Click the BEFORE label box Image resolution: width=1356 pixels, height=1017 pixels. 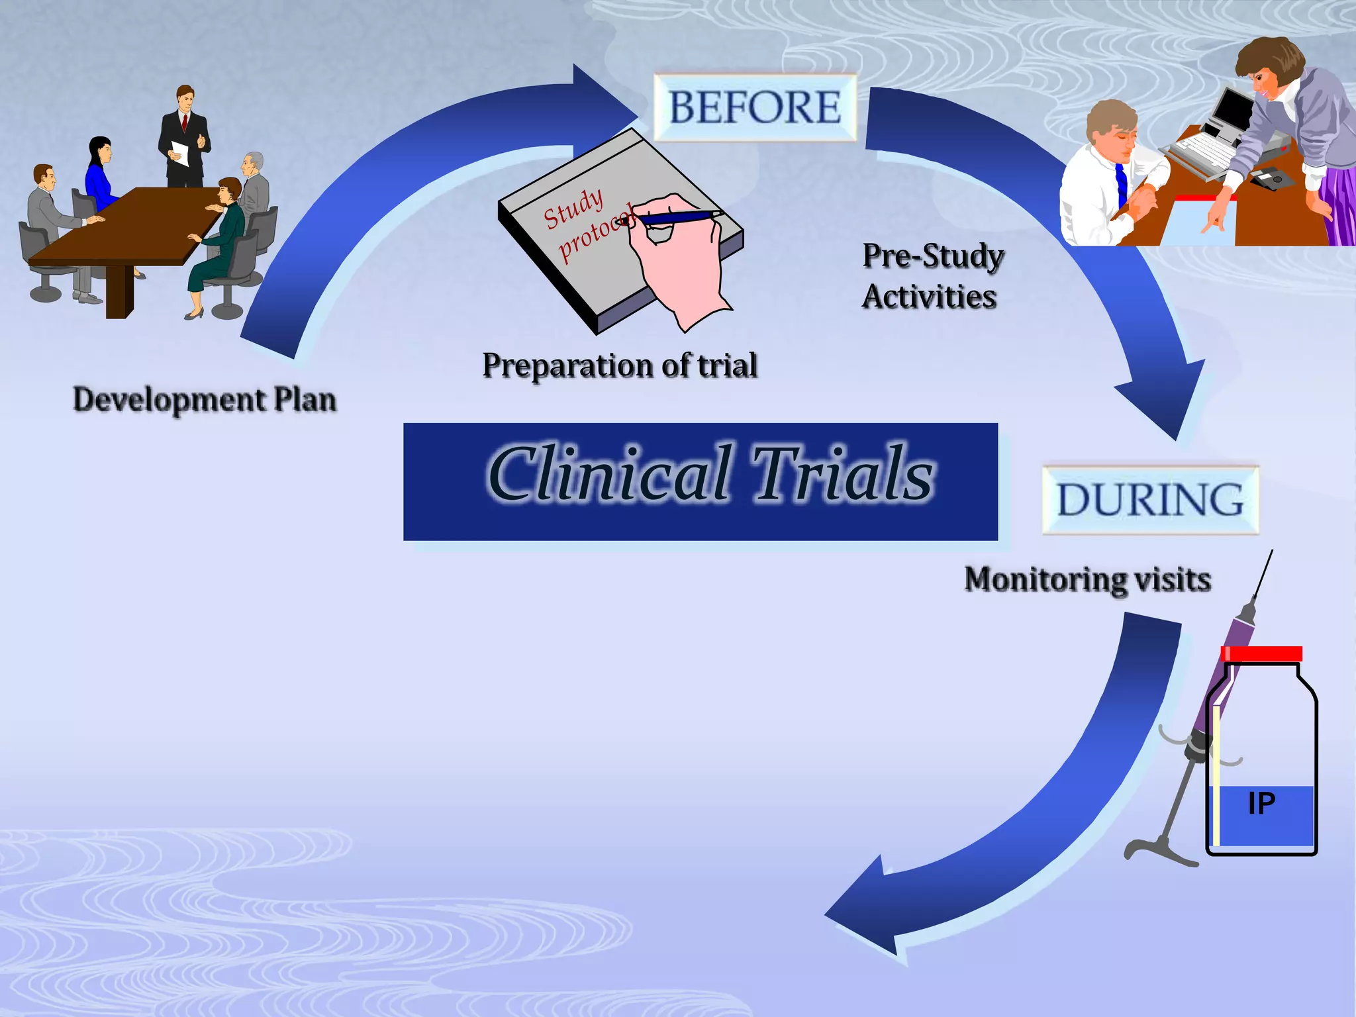coord(755,107)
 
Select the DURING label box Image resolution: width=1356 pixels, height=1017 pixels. coord(1150,500)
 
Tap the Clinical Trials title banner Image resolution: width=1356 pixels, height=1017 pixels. coord(701,481)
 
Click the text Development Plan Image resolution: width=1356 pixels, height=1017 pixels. coord(205,400)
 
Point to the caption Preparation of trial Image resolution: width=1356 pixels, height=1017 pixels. coord(620,365)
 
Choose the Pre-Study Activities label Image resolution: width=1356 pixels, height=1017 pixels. coord(932,276)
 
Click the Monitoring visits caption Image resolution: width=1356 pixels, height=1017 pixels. coord(1087,579)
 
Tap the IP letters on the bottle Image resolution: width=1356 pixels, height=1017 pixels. coord(1261,803)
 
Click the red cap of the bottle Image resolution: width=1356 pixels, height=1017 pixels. coord(1262,654)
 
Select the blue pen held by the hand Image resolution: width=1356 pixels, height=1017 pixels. coord(675,217)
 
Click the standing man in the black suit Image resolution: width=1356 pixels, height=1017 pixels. coord(183,136)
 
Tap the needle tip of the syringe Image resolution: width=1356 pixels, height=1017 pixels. coord(1271,553)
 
